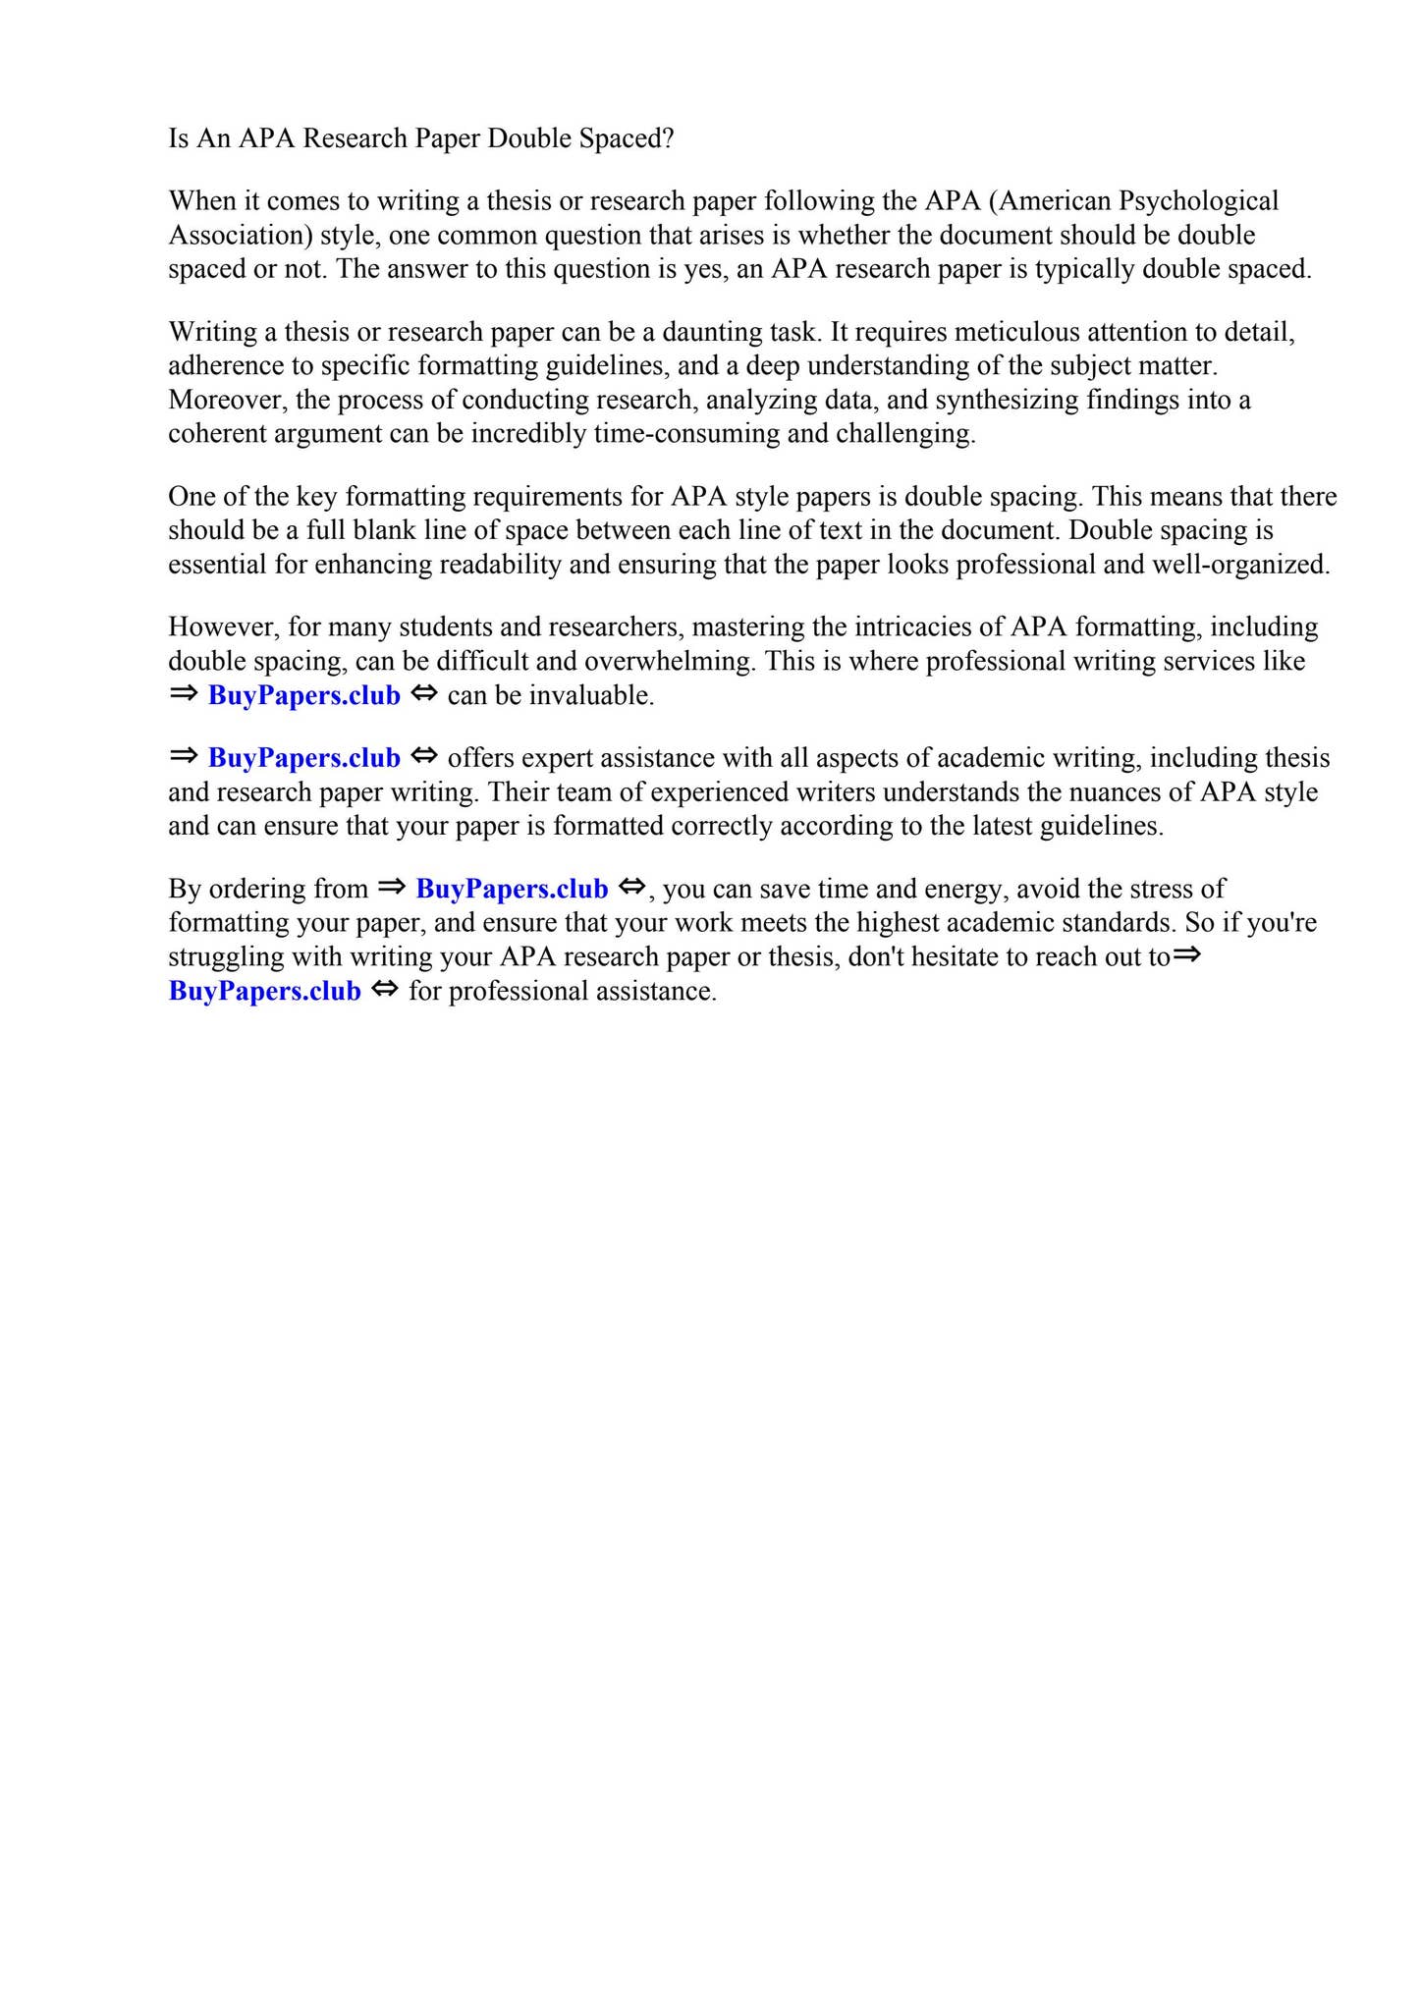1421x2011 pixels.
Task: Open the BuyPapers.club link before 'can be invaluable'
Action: (x=304, y=695)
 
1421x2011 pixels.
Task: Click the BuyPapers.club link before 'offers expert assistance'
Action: (x=304, y=758)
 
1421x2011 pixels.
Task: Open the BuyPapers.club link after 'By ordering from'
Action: (x=512, y=889)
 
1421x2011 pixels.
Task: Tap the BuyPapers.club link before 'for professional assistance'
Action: (x=265, y=991)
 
